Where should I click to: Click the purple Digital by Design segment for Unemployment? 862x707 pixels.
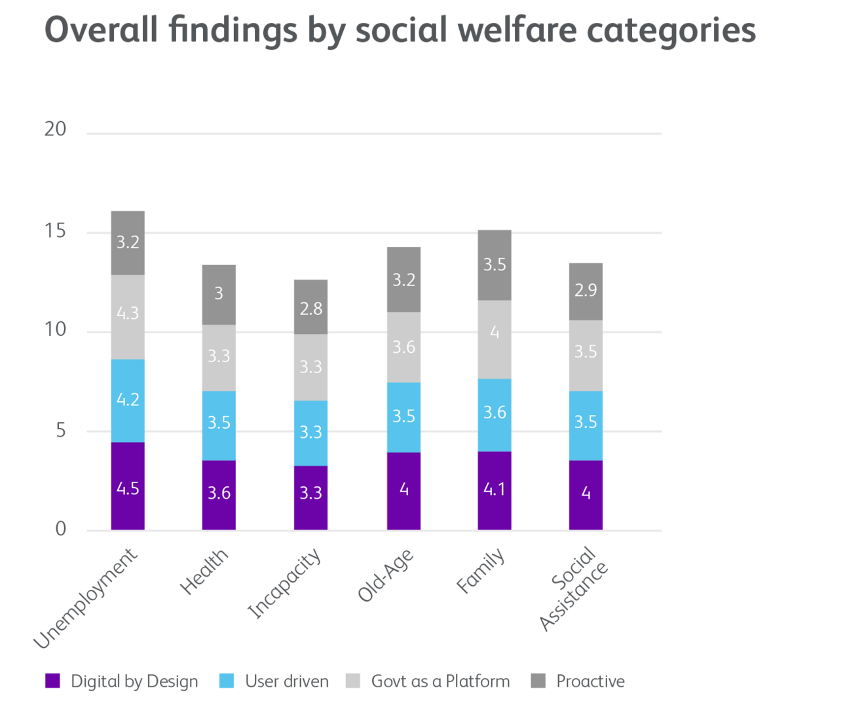click(128, 486)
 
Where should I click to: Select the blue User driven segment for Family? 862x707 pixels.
click(495, 415)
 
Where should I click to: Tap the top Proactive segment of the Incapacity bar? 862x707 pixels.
click(310, 306)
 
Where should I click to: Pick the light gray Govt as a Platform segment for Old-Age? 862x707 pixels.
click(403, 347)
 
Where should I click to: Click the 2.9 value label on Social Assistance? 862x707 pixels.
click(586, 290)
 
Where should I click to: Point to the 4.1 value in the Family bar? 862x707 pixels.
click(495, 489)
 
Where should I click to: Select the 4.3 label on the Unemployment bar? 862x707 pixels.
click(128, 313)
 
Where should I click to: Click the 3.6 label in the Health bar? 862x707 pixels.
click(219, 493)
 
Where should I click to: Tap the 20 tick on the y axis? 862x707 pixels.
click(56, 130)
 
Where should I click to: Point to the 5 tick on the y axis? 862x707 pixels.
click(61, 430)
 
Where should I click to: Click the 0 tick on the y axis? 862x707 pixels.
click(61, 529)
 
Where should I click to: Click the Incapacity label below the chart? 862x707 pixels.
click(285, 583)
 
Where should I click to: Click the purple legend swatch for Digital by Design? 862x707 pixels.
click(52, 681)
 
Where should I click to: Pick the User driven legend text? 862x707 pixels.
click(287, 681)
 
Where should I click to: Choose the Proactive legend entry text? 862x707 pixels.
click(591, 681)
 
